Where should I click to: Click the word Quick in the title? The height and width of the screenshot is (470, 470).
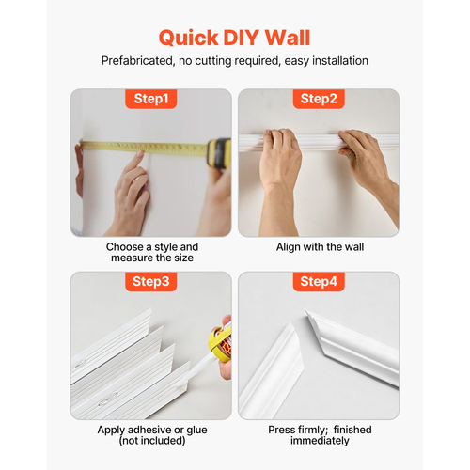[189, 39]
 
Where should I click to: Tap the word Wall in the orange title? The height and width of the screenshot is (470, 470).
[288, 38]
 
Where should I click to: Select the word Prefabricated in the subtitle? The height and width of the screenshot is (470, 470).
[137, 61]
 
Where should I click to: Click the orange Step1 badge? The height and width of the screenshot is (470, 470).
[151, 99]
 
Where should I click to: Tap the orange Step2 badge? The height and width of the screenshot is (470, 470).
[319, 99]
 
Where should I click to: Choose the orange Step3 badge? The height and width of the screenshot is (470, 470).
[151, 281]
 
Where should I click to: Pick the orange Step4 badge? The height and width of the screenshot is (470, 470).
[319, 281]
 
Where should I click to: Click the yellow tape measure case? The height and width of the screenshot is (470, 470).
[219, 152]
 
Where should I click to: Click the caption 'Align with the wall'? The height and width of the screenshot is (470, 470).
[320, 247]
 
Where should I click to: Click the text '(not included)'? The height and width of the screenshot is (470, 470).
[152, 441]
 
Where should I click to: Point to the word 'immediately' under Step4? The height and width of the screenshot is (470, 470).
[320, 441]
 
